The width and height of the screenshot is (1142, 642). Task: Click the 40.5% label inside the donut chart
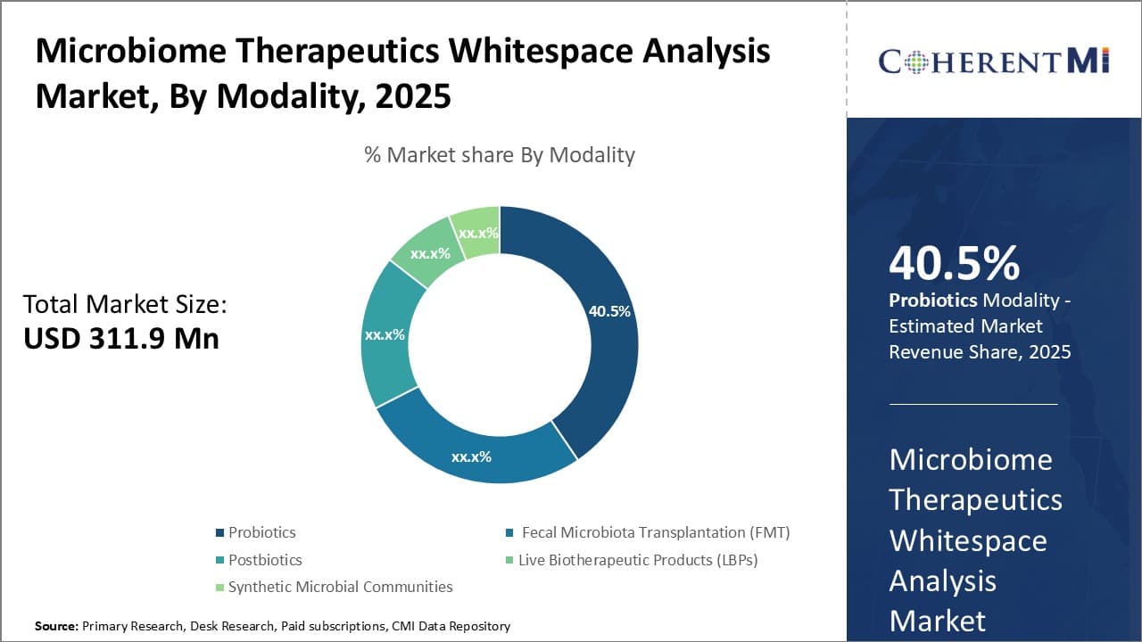609,311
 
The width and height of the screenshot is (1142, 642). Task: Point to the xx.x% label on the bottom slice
471,457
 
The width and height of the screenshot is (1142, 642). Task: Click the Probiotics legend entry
261,532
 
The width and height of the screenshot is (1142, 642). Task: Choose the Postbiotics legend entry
265,560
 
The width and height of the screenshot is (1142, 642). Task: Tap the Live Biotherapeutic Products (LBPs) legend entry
639,560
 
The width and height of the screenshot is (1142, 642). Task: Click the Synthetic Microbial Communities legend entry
340,587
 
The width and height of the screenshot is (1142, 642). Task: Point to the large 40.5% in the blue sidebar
954,264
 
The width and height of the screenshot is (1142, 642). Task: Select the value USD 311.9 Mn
121,338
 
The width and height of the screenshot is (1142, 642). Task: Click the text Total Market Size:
125,305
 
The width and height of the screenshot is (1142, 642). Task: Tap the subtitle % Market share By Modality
500,154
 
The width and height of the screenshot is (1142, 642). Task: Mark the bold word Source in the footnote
56,626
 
